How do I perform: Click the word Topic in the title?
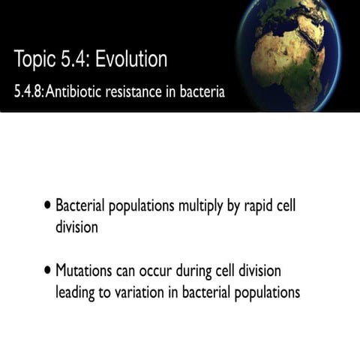coord(33,58)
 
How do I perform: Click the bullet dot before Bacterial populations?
coord(48,204)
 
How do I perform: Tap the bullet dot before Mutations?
coord(48,268)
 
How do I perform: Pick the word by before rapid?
coord(232,205)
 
